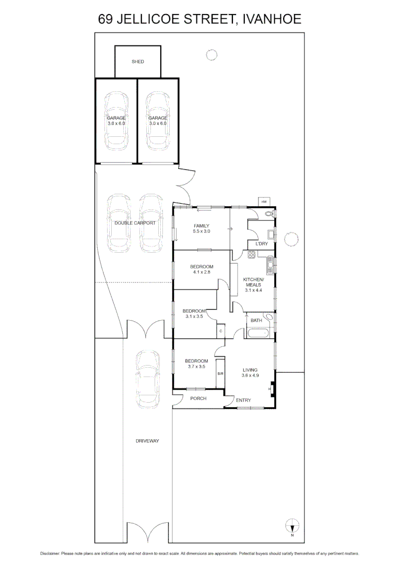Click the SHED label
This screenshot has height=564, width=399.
coord(138,62)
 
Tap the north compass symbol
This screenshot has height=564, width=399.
coord(292,525)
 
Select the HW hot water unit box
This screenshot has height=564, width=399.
coord(264,202)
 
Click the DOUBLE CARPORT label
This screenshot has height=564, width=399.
coord(135,223)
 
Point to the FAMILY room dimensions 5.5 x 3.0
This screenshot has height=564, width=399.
coord(201,231)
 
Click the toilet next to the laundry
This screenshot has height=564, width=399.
coord(270,214)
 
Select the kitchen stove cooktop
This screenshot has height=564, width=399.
coord(251,255)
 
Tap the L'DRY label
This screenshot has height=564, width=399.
coord(261,244)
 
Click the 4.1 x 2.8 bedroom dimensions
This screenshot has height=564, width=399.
coord(202,272)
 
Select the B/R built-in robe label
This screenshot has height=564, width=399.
coord(220,374)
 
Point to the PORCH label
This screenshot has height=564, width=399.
coord(198,398)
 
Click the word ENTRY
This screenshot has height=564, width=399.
coord(243,401)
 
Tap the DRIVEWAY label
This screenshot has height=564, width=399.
coord(147,441)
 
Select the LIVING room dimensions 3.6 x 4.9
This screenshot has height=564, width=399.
coord(250,375)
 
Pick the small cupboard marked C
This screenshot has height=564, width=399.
coord(221,331)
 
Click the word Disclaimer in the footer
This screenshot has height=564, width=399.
coord(50,553)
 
